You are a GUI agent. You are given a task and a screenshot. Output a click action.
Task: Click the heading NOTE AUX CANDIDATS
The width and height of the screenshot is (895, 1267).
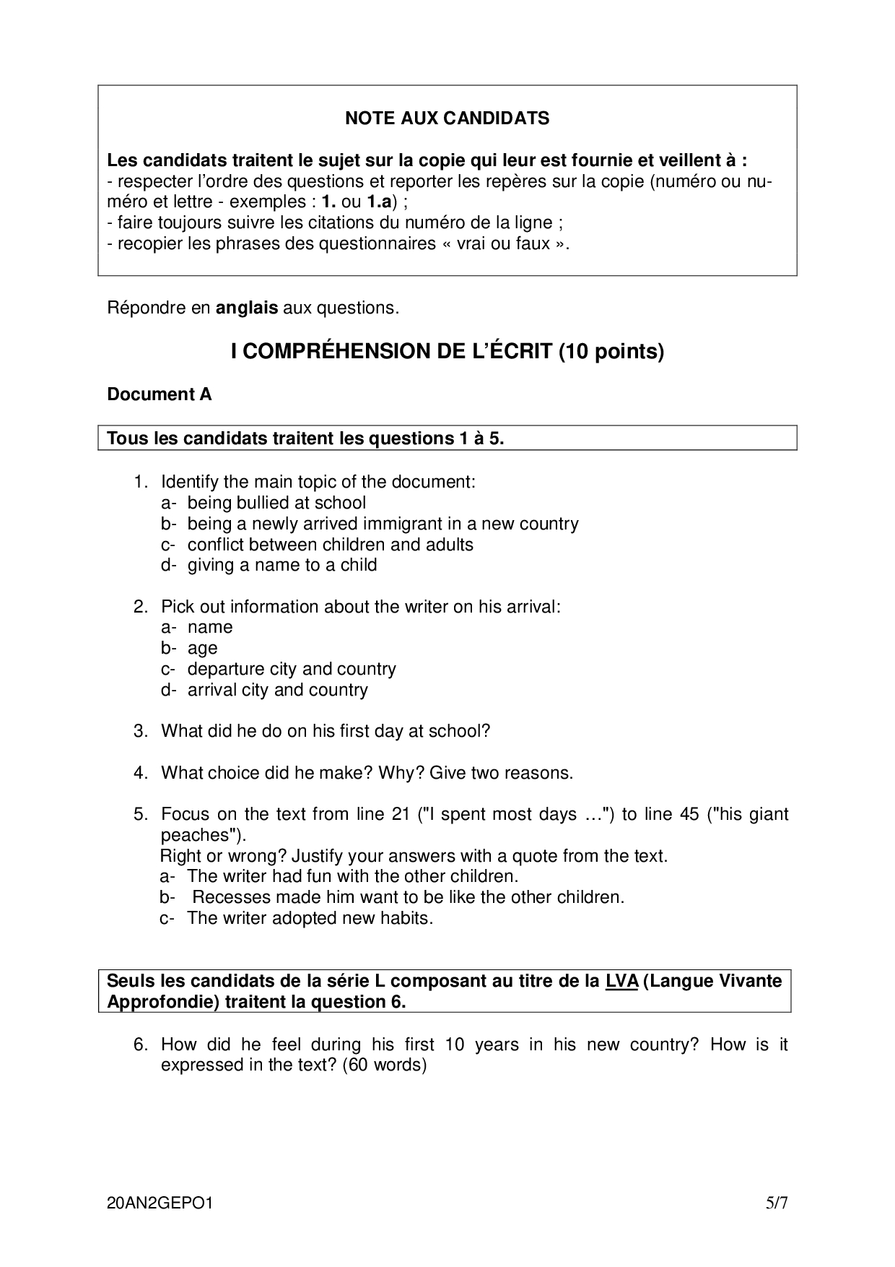pyautogui.click(x=447, y=118)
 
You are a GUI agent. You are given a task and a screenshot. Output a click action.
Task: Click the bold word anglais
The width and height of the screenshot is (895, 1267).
pyautogui.click(x=247, y=308)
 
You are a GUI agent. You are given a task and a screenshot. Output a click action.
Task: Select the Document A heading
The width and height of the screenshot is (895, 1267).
pyautogui.click(x=160, y=394)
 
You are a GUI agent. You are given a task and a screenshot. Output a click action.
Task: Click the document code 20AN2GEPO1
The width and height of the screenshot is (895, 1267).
pyautogui.click(x=160, y=1203)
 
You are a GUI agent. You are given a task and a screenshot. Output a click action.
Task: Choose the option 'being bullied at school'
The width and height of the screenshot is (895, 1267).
pyautogui.click(x=276, y=503)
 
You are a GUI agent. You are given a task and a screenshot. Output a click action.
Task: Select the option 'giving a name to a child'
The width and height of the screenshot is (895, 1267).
pyautogui.click(x=282, y=565)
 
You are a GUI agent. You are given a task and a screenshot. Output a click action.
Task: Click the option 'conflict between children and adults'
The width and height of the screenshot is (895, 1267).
pyautogui.click(x=330, y=544)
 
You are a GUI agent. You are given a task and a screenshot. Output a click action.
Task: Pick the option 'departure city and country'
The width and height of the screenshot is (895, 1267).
pyautogui.click(x=292, y=669)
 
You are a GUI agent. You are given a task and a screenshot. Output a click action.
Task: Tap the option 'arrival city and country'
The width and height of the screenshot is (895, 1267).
pyautogui.click(x=277, y=690)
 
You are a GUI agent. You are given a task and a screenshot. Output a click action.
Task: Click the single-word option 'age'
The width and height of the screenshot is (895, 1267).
pyautogui.click(x=202, y=648)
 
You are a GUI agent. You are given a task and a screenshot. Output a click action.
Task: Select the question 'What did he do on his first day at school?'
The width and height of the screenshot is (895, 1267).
pyautogui.click(x=326, y=731)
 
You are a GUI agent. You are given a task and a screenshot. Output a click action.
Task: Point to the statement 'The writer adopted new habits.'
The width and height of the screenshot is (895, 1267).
pyautogui.click(x=310, y=918)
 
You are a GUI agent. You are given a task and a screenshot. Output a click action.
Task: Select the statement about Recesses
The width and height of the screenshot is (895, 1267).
pyautogui.click(x=408, y=897)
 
